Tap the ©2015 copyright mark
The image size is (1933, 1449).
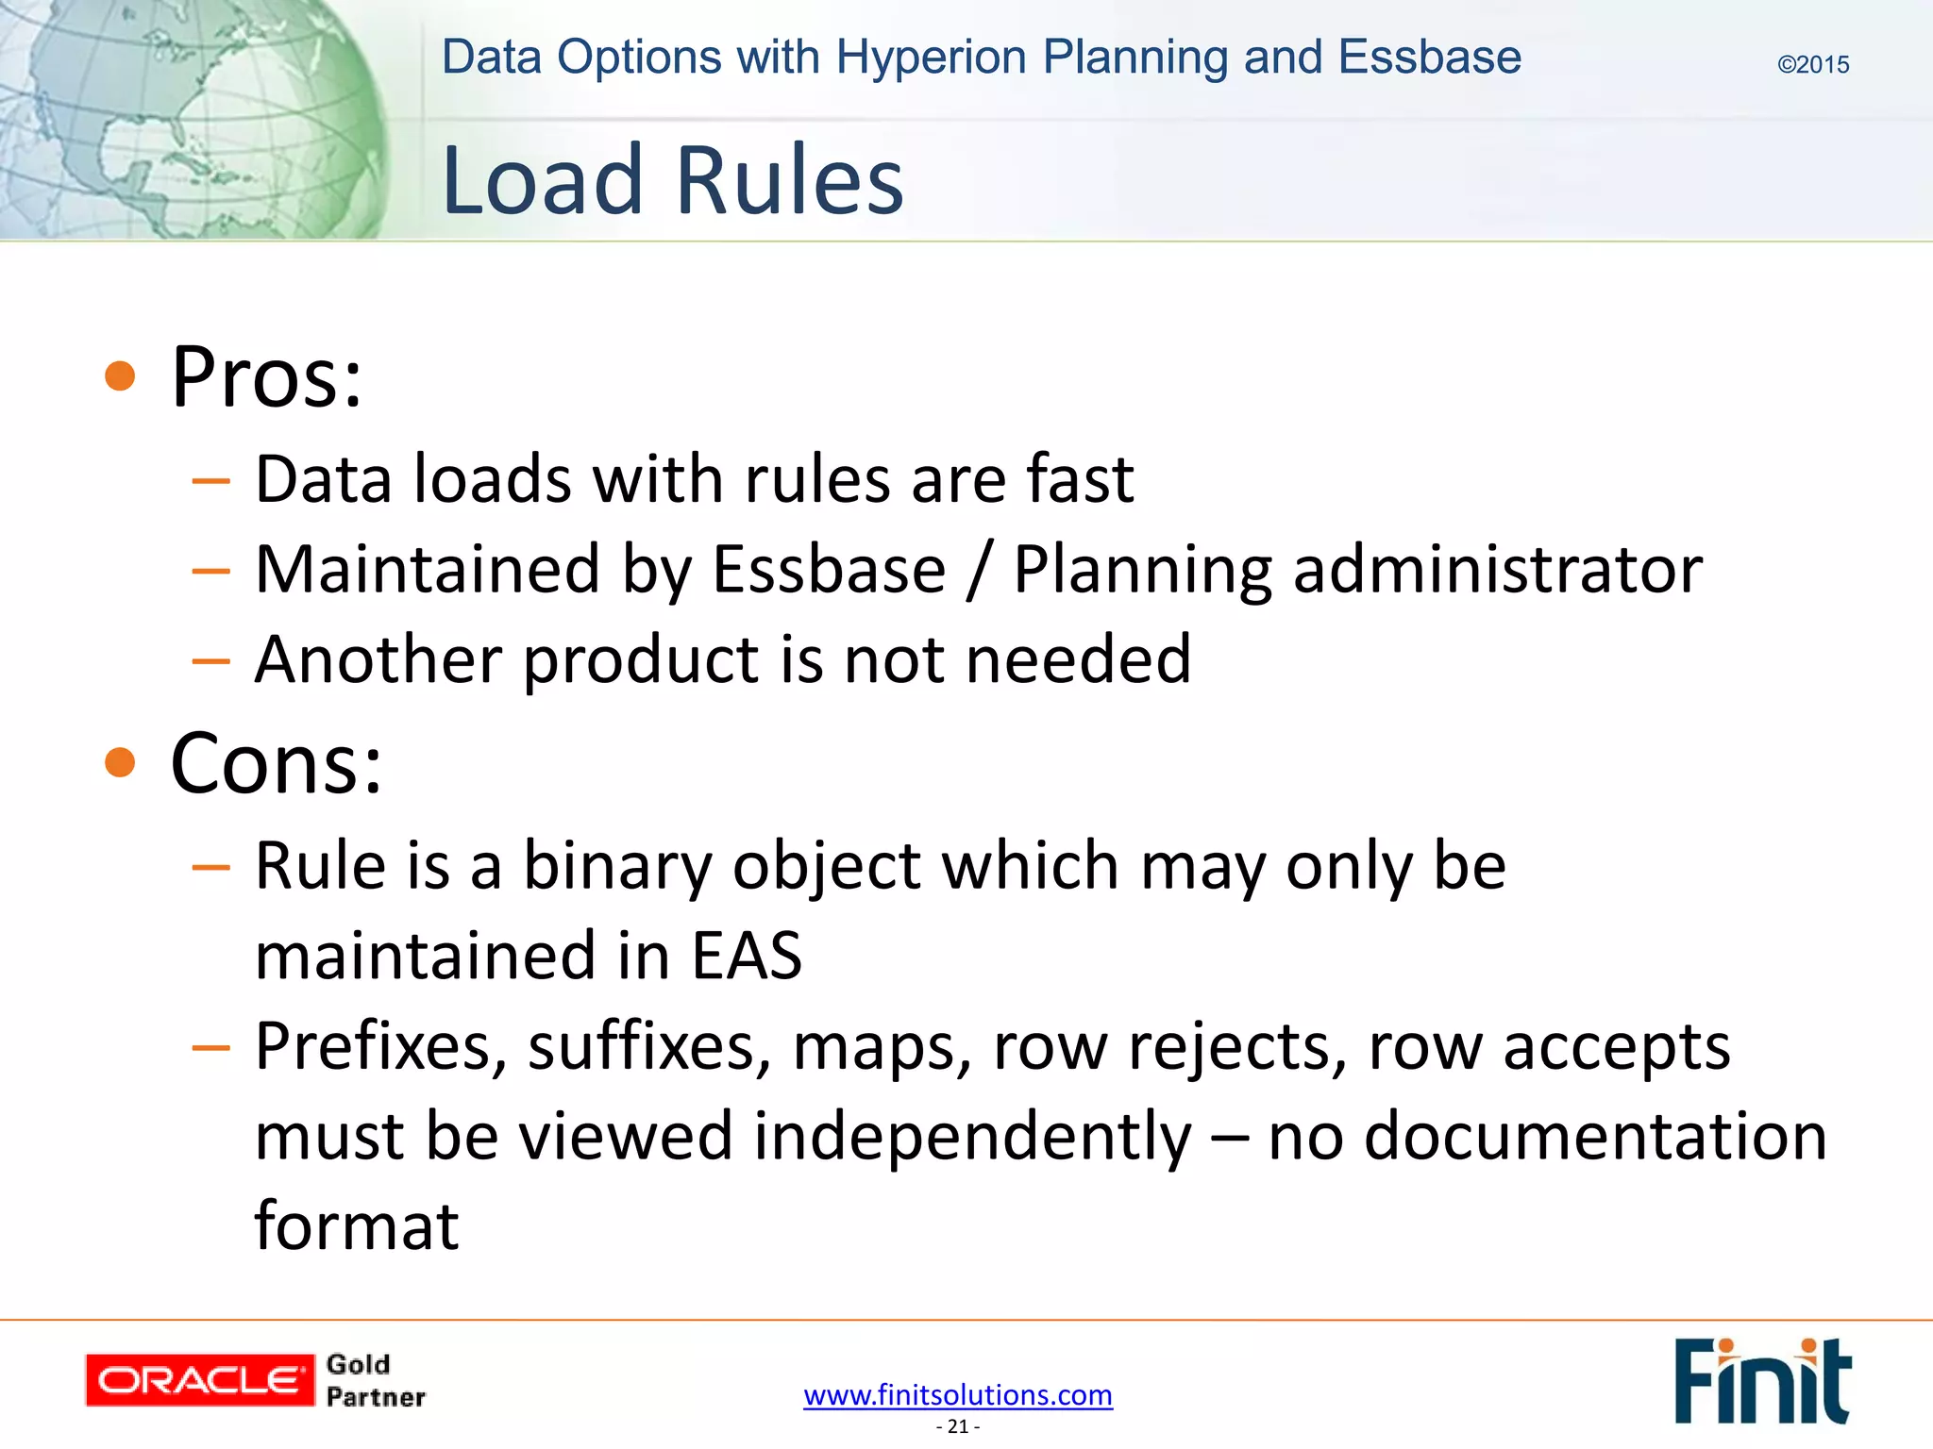pyautogui.click(x=1812, y=64)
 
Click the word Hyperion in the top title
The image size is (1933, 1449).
pyautogui.click(x=930, y=57)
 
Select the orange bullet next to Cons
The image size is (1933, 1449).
pyautogui.click(x=120, y=761)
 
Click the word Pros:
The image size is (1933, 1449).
pyautogui.click(x=266, y=377)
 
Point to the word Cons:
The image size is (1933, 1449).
pyautogui.click(x=277, y=763)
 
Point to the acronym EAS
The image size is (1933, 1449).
pyautogui.click(x=746, y=955)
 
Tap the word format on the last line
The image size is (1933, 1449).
pyautogui.click(x=357, y=1225)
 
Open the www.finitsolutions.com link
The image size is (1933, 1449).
pyautogui.click(x=958, y=1394)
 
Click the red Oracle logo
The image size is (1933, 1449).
pyautogui.click(x=199, y=1380)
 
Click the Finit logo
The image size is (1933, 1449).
pyautogui.click(x=1761, y=1380)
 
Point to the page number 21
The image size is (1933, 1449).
pyautogui.click(x=958, y=1426)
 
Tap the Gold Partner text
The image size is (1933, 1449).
pyautogui.click(x=375, y=1380)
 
